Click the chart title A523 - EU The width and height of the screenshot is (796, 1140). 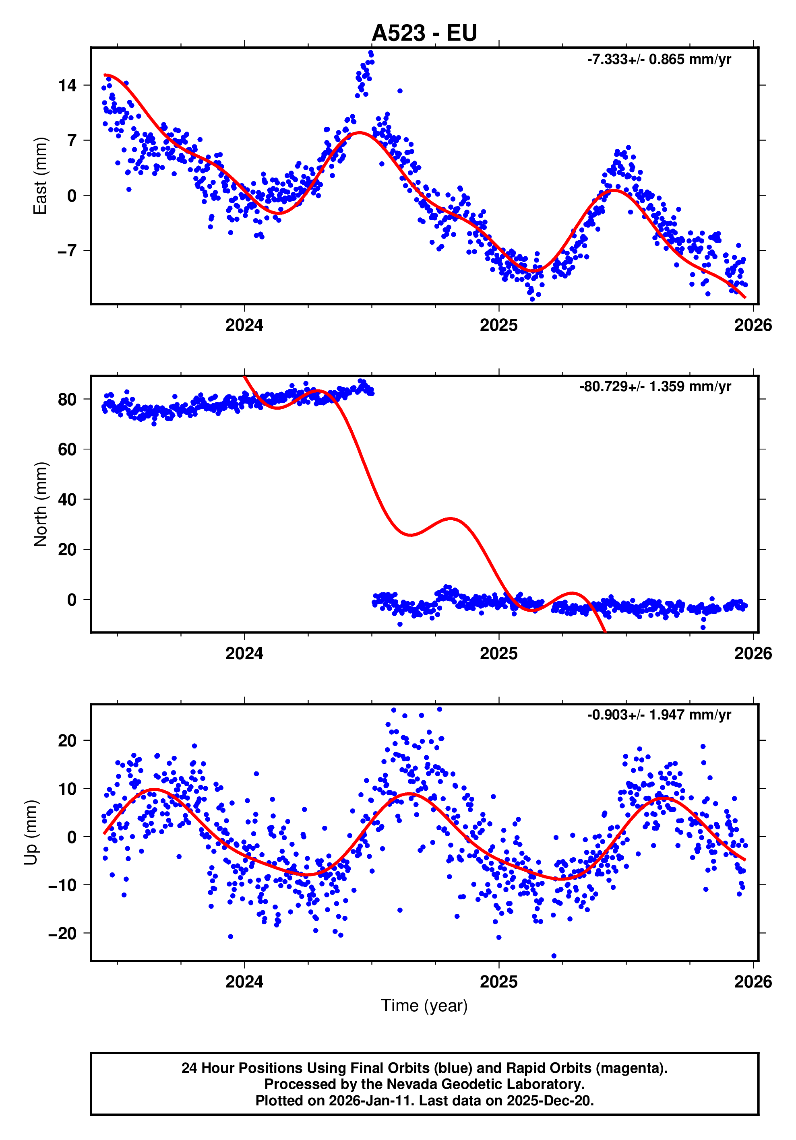424,33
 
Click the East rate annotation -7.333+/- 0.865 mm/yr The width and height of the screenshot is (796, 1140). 658,60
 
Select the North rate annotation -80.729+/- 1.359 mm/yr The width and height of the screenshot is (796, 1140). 655,386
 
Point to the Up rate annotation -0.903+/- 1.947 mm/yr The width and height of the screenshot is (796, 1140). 658,715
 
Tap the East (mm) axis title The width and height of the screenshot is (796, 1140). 40,176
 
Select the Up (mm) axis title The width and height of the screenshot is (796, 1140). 31,832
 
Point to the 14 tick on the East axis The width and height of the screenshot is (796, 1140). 68,85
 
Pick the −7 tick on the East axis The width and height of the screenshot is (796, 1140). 68,250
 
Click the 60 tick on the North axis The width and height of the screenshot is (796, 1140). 68,449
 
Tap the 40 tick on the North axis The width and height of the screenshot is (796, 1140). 68,499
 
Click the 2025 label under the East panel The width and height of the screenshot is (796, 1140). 498,325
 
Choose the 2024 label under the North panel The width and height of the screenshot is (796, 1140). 244,653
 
